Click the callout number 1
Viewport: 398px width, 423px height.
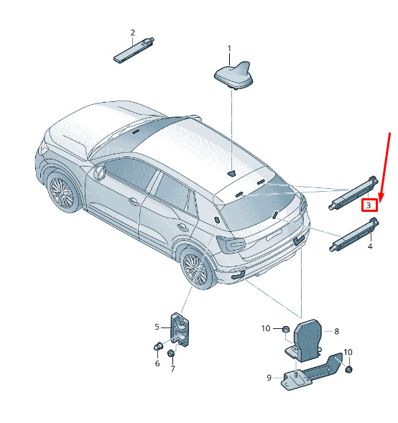[x=229, y=49]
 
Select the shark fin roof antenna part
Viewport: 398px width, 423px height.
[x=234, y=75]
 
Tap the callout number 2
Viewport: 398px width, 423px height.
[x=132, y=33]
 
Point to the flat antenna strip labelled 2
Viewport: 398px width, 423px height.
[x=134, y=50]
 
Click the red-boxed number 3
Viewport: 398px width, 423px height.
[x=369, y=205]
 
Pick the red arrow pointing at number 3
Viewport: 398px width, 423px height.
[x=385, y=167]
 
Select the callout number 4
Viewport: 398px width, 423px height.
[x=370, y=246]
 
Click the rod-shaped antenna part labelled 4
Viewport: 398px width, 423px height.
[x=354, y=234]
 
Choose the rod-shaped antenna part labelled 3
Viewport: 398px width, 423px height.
[x=353, y=192]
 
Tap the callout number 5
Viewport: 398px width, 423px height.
[x=157, y=327]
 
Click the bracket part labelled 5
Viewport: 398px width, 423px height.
[x=180, y=329]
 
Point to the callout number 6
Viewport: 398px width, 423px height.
[x=157, y=363]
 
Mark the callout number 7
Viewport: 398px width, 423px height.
[x=173, y=368]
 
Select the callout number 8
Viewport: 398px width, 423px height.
[x=336, y=331]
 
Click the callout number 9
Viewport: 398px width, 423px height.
[x=269, y=378]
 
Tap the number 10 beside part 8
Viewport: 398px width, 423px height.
[x=266, y=328]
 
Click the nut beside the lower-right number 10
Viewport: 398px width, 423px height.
[x=348, y=369]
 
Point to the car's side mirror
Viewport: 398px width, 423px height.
[x=99, y=172]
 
